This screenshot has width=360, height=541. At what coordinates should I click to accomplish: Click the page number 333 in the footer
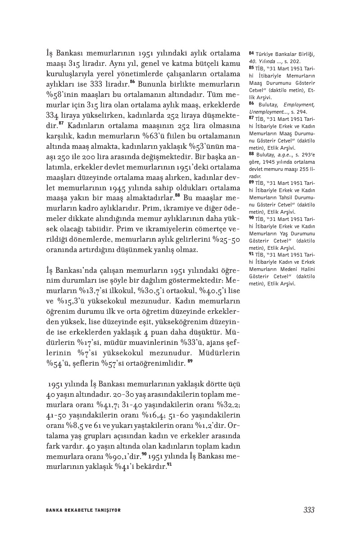(309, 510)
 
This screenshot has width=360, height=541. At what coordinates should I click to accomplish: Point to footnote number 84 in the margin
(251, 54)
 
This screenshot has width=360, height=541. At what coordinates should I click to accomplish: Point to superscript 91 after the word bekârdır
(169, 464)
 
